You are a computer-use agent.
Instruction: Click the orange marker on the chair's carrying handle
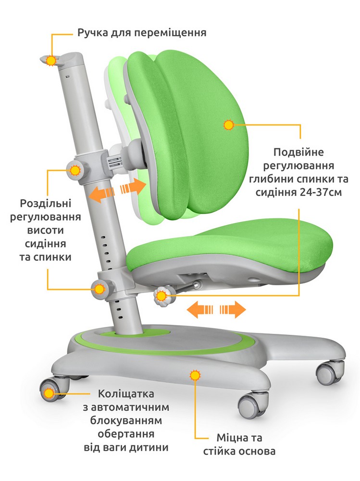click(51, 61)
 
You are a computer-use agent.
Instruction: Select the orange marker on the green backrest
click(229, 125)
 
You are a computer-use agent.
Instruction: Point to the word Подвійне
click(294, 152)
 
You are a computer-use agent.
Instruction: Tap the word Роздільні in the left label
click(45, 203)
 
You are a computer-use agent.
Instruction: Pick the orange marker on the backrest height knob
click(75, 170)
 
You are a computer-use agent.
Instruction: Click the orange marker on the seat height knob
click(99, 289)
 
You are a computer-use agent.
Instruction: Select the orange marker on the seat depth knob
click(161, 296)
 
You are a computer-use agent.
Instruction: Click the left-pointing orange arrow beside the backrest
click(101, 194)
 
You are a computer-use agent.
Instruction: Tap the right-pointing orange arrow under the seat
click(233, 309)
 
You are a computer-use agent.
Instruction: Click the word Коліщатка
click(126, 393)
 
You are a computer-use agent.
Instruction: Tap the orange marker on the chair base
click(195, 375)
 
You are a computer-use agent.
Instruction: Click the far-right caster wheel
click(330, 372)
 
